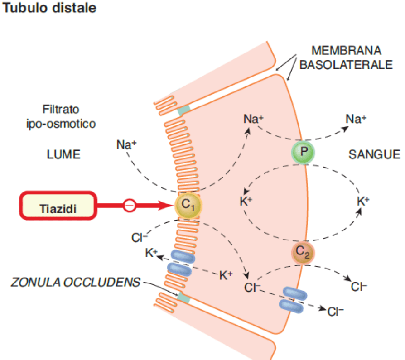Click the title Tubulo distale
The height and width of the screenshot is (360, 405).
click(50, 8)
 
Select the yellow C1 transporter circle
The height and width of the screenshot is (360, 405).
click(188, 206)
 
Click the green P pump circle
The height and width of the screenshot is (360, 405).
click(303, 153)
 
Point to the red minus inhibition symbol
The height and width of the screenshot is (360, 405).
click(129, 206)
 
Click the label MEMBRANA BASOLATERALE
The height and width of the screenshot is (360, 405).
click(346, 58)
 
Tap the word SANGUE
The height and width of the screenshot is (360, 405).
click(374, 155)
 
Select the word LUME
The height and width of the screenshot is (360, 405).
click(63, 155)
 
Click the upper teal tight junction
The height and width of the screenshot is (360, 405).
click(183, 110)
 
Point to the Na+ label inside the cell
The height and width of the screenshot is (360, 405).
click(254, 119)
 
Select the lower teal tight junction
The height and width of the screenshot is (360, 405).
click(183, 297)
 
